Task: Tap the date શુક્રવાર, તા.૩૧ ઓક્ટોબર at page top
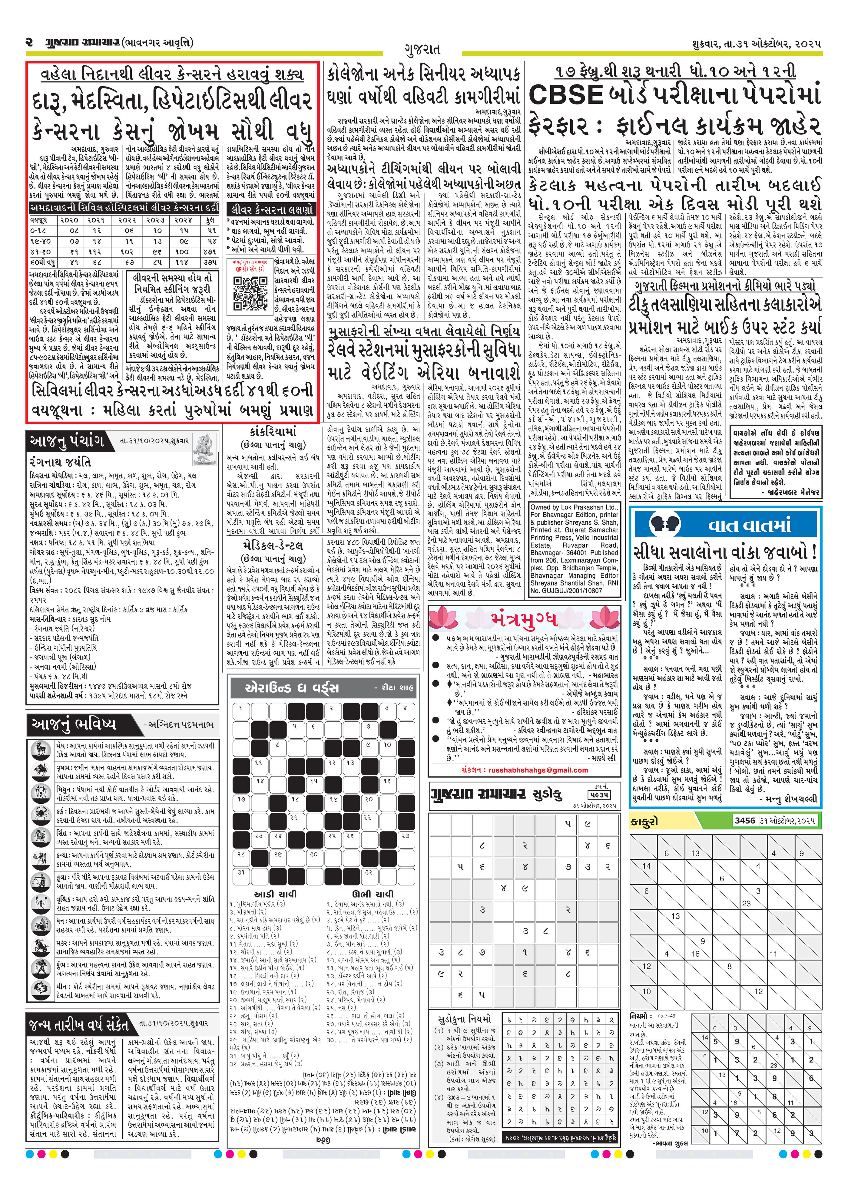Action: point(755,44)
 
